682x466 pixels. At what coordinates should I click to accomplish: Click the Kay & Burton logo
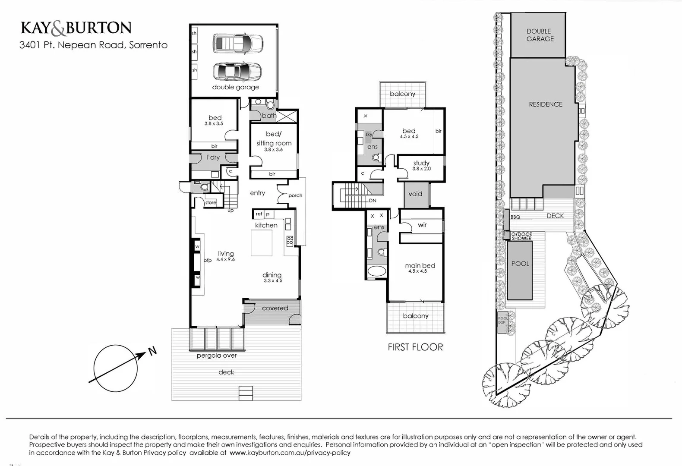pos(76,28)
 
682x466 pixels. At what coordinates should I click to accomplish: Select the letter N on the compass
pos(152,351)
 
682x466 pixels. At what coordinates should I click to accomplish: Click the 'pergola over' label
pos(217,356)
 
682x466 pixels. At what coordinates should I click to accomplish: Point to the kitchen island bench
pos(262,243)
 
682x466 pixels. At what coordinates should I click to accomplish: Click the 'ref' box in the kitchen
pos(259,214)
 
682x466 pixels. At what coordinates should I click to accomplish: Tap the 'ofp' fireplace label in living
pos(208,260)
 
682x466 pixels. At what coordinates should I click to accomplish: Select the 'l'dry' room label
pos(213,157)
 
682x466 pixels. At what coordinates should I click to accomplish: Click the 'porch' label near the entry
pos(295,195)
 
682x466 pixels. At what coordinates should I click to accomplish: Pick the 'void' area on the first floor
pos(415,194)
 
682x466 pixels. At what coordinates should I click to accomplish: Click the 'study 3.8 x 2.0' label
pos(421,165)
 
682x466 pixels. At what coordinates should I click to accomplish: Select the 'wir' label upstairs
pos(422,225)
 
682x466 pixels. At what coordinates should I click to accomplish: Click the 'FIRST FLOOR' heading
pos(415,347)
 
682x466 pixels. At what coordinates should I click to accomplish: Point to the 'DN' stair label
pos(372,201)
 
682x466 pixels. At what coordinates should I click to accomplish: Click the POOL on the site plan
pos(520,270)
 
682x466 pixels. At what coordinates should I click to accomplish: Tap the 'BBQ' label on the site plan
pos(515,217)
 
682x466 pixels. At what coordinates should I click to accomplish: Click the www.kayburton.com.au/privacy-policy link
pos(290,453)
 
